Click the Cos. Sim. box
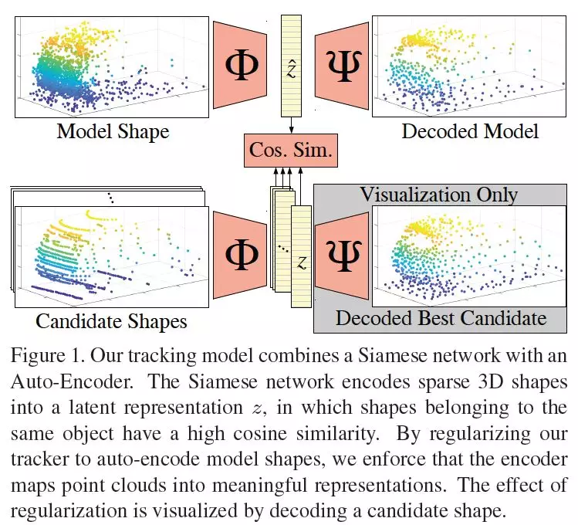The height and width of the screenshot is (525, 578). pos(290,151)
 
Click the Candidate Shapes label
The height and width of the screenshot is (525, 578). pos(112,319)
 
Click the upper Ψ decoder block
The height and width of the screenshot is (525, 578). pos(340,64)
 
